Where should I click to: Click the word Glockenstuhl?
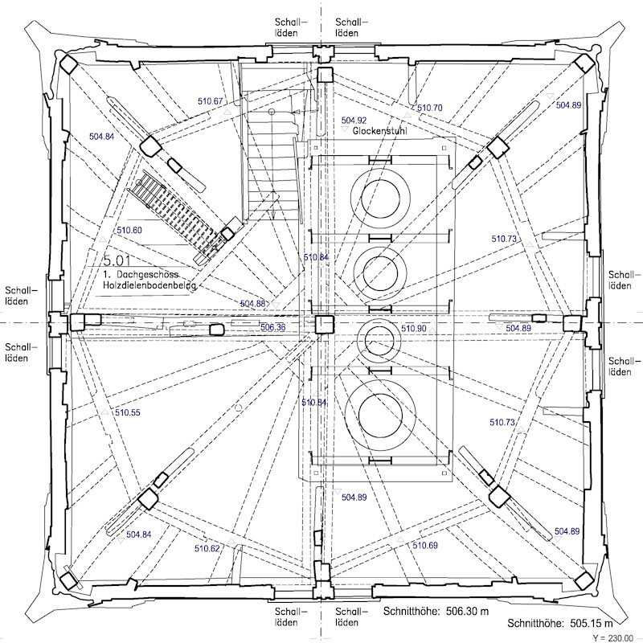(379, 131)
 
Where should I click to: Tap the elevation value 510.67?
(210, 101)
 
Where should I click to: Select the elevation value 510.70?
(430, 108)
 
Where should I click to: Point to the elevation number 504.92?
(354, 120)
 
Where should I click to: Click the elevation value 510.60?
(129, 230)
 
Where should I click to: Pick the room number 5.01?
(117, 260)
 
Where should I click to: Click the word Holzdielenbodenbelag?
(149, 285)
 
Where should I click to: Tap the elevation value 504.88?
(252, 304)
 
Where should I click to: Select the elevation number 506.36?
(272, 327)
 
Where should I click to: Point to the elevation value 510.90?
(413, 329)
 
